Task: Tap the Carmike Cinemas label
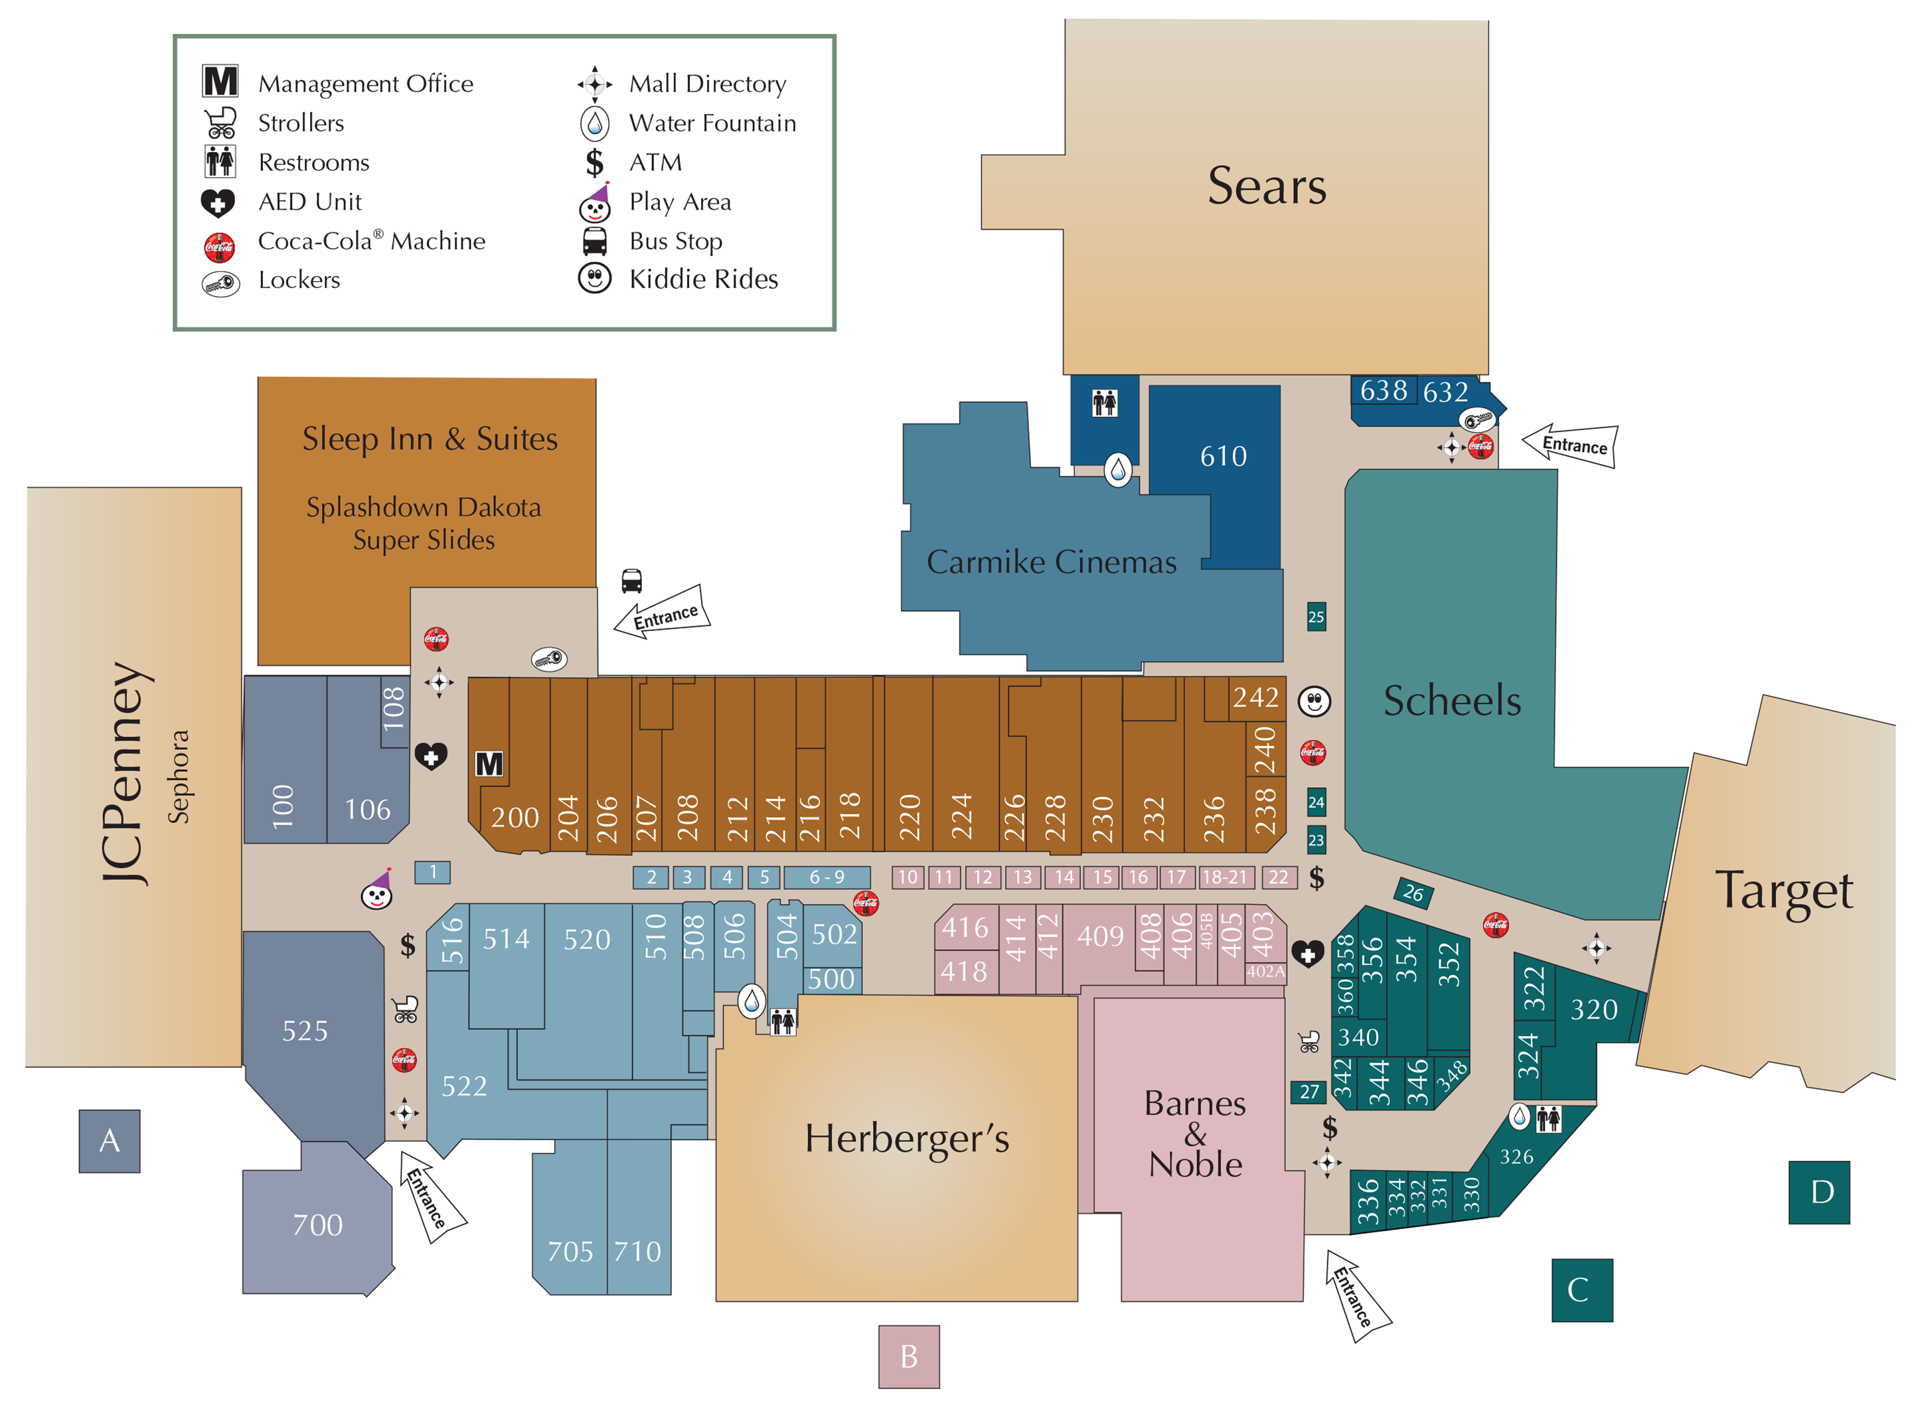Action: (1051, 562)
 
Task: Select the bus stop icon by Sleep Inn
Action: (631, 581)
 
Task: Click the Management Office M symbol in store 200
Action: (489, 764)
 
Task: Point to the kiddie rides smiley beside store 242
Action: (1314, 702)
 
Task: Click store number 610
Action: (1223, 456)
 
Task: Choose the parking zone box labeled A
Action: (110, 1140)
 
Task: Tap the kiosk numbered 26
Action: (1413, 893)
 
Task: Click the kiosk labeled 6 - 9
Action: (826, 877)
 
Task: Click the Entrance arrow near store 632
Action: (1570, 445)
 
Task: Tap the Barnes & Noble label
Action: (1194, 1134)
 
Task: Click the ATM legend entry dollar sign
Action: (595, 163)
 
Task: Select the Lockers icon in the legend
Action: (220, 283)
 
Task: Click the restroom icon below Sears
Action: (1104, 402)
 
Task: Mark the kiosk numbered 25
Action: (1316, 617)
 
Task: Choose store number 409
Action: (1100, 937)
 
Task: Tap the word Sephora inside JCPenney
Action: (178, 777)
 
